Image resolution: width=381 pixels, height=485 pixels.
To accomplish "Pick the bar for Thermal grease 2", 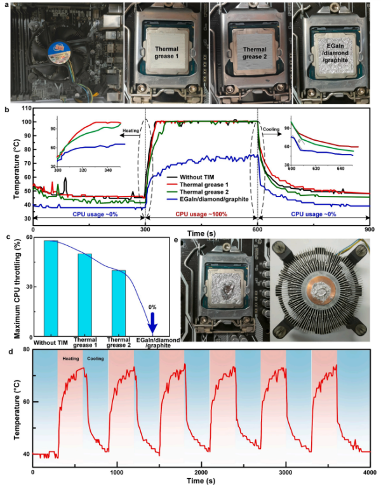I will tap(119, 302).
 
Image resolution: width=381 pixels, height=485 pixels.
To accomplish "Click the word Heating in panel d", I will tap(70, 359).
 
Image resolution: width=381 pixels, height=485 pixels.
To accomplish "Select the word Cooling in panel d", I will tap(96, 359).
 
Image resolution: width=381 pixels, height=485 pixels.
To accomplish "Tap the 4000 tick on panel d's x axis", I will tap(371, 472).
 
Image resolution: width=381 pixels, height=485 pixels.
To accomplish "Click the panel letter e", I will tap(184, 241).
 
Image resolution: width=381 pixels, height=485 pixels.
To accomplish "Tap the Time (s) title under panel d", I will tap(202, 481).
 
